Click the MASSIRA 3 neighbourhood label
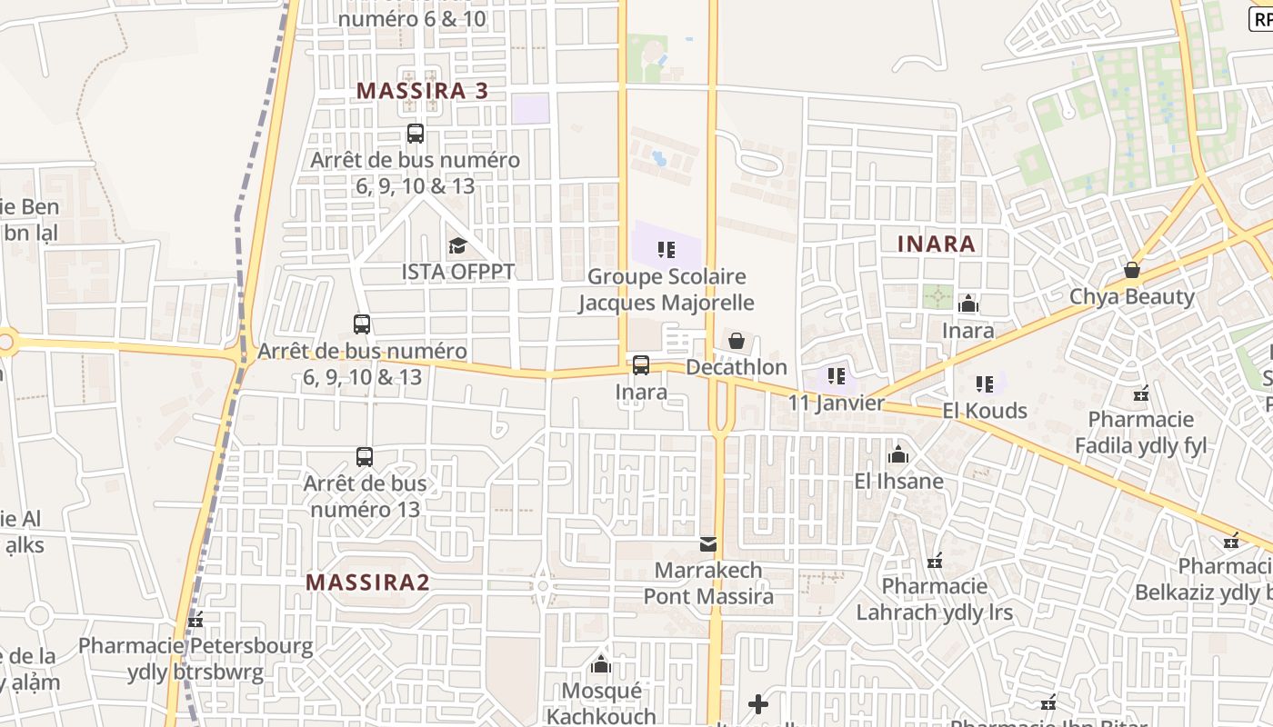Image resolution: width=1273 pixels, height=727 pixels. [x=422, y=91]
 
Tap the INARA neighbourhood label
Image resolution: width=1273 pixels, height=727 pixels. [x=936, y=244]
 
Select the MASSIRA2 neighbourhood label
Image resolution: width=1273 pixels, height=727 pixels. [x=366, y=583]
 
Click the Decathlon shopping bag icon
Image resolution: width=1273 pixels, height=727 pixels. [x=737, y=341]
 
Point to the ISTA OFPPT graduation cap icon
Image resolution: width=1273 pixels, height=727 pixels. [x=457, y=245]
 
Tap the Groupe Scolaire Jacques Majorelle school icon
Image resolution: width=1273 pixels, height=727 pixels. [x=667, y=249]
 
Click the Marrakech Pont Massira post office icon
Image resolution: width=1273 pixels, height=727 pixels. [x=707, y=544]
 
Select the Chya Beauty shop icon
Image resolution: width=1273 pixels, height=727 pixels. [x=1131, y=270]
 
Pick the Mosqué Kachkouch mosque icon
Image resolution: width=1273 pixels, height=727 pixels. [x=600, y=665]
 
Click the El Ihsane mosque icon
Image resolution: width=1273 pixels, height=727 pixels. [x=898, y=454]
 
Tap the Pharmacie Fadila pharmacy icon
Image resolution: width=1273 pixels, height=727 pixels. [x=1141, y=393]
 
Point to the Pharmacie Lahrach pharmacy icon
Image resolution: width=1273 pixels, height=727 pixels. [x=934, y=561]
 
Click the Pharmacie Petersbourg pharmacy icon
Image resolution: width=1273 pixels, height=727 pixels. [x=195, y=622]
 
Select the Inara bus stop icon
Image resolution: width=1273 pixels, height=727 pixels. [x=641, y=365]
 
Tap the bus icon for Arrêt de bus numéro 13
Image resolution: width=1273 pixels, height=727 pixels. [x=365, y=457]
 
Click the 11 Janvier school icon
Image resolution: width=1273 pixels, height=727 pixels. [x=837, y=376]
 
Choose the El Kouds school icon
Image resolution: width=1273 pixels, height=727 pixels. [x=985, y=384]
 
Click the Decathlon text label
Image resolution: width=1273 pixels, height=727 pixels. [x=737, y=367]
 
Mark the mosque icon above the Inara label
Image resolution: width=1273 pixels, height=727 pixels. [x=967, y=304]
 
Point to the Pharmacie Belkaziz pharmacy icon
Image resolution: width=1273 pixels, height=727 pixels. [x=1231, y=541]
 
